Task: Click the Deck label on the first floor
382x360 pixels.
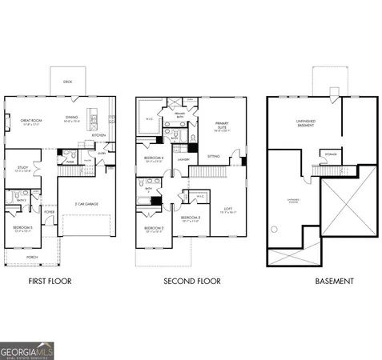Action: coord(67,81)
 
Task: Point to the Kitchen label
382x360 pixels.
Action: coord(99,135)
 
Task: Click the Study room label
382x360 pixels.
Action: coord(22,169)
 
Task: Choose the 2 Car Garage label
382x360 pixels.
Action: coord(83,203)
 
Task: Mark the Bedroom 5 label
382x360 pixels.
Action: coord(21,227)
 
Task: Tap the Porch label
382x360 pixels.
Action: coord(33,258)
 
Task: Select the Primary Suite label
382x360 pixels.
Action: coord(222,126)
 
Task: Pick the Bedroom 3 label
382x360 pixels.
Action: coord(190,218)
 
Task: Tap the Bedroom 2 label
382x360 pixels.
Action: coord(153,228)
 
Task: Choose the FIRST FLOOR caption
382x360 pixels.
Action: coord(50,281)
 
